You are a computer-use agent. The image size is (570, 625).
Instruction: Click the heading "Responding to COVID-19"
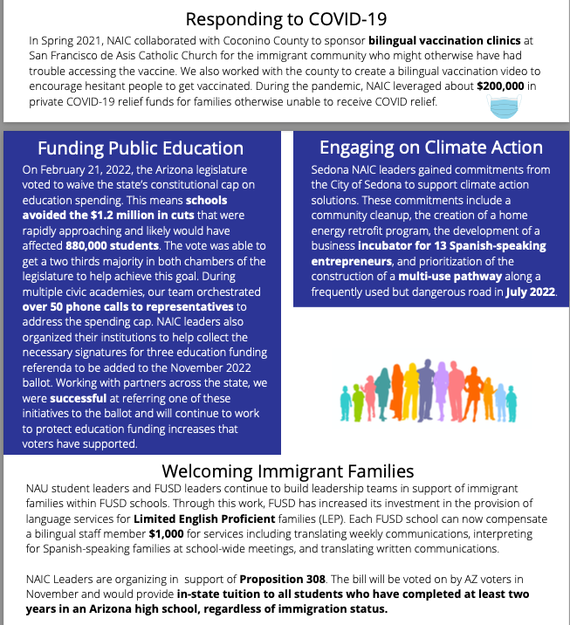(286, 18)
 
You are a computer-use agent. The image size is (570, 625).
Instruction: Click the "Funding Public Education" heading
(141, 147)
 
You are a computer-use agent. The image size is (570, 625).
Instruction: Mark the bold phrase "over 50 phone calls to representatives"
(127, 306)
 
